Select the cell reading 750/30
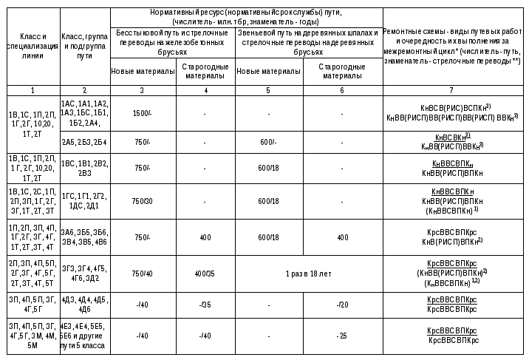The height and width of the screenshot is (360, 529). (143, 200)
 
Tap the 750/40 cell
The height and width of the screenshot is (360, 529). (143, 273)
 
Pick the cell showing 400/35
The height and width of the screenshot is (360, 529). (205, 273)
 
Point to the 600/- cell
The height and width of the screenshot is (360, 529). (268, 142)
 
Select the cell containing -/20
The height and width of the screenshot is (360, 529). (342, 305)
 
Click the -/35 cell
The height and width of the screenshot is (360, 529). (205, 305)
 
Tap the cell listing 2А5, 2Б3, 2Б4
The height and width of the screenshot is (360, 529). (84, 142)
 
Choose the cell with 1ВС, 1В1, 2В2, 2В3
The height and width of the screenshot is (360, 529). (84, 168)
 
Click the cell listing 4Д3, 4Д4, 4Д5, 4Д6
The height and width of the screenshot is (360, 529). (84, 305)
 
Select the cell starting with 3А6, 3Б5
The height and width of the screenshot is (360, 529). (84, 237)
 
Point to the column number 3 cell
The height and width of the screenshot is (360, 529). (143, 89)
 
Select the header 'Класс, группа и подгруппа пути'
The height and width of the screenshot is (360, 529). (84, 46)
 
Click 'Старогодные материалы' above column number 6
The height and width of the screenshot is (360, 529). (342, 71)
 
